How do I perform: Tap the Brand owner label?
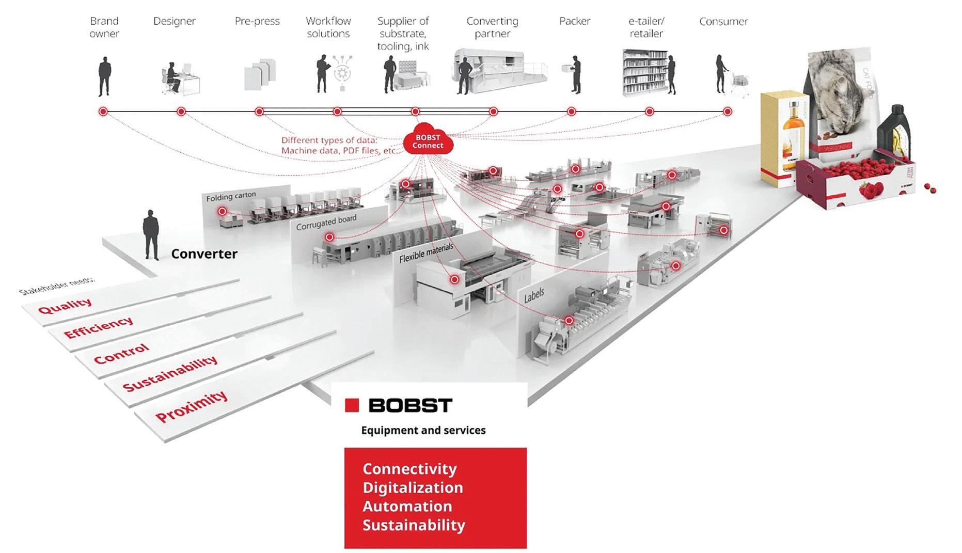(104, 27)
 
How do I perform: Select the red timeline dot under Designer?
(181, 112)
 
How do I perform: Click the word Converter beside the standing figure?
(204, 254)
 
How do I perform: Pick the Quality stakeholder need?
(65, 305)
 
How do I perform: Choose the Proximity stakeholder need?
(191, 406)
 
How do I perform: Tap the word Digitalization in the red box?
(413, 487)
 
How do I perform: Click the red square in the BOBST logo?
(352, 405)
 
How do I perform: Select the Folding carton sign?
(231, 196)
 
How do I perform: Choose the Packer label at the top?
(575, 21)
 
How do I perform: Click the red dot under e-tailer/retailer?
(650, 112)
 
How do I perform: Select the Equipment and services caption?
(423, 430)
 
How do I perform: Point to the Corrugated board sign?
(326, 222)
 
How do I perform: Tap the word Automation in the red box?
(407, 506)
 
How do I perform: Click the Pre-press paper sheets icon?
(260, 74)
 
